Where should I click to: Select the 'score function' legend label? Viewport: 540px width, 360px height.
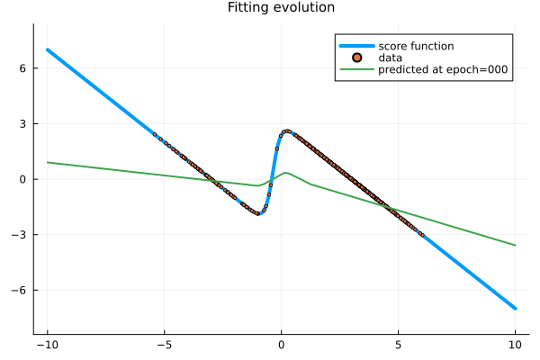(416, 46)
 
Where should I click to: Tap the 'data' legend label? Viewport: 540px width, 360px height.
(390, 58)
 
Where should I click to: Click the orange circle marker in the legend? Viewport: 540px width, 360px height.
(356, 58)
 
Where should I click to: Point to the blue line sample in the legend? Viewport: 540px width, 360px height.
(356, 46)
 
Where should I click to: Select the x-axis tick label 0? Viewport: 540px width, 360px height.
(281, 344)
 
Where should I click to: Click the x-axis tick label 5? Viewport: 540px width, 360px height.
(398, 344)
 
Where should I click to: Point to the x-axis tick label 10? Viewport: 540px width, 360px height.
(515, 344)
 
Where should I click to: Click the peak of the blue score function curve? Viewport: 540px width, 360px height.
(287, 130)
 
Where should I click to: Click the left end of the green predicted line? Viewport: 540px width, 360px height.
(48, 162)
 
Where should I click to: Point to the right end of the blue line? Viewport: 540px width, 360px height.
(515, 308)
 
